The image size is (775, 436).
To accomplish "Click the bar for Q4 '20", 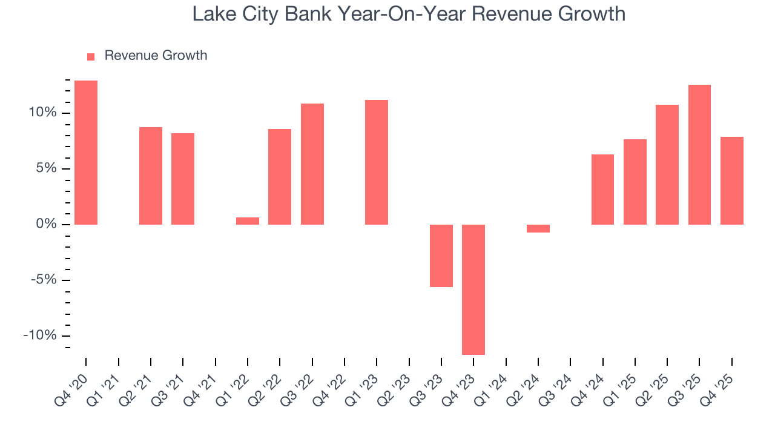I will click(86, 153).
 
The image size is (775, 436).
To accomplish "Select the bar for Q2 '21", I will click(151, 176).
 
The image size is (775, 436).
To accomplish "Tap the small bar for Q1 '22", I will click(248, 221).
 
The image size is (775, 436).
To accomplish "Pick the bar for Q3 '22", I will click(312, 164).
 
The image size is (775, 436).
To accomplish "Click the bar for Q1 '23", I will click(377, 162).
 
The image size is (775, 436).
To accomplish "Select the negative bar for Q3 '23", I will click(441, 256).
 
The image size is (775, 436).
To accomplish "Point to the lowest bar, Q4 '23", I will click(473, 289).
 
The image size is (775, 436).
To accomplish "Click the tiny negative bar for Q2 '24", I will click(538, 228).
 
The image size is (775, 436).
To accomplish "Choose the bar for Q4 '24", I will click(602, 190).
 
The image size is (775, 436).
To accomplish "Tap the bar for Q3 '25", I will click(699, 154).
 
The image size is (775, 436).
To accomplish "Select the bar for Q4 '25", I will click(732, 180).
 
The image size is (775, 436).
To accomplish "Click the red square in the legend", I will click(91, 56).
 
